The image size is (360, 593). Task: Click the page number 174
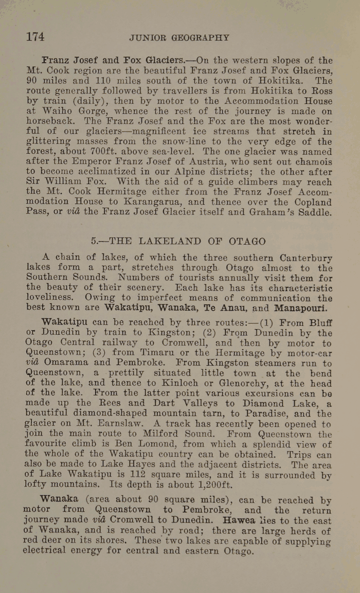(35, 37)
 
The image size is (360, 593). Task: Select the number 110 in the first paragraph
(102, 81)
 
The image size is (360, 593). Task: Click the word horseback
(51, 121)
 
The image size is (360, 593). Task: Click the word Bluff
(321, 323)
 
